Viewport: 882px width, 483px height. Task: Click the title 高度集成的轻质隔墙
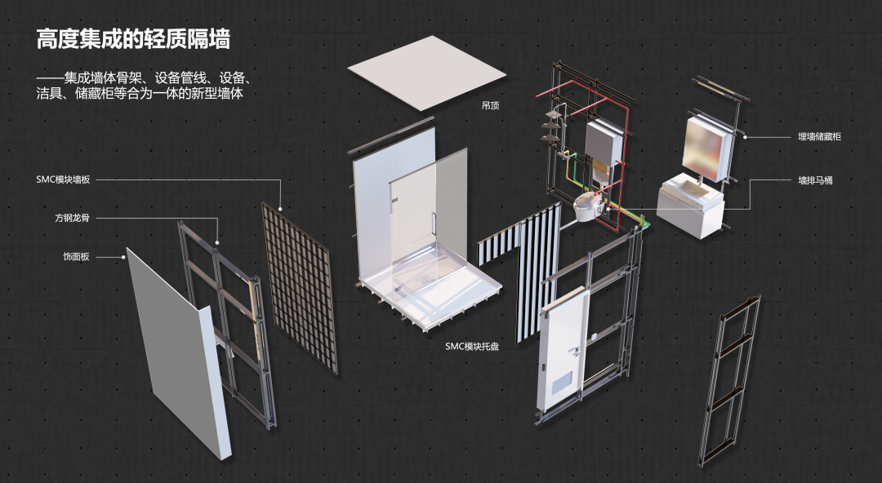[x=133, y=38]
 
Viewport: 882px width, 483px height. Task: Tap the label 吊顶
[x=491, y=105]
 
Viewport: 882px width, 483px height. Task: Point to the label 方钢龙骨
[x=73, y=219]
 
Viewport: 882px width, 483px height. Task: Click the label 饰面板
[x=76, y=257]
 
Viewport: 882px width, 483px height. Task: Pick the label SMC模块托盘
[x=472, y=346]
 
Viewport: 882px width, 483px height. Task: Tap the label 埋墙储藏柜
[x=819, y=137]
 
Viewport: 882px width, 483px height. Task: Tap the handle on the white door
[x=575, y=351]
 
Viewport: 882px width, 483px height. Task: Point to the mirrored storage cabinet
[x=706, y=147]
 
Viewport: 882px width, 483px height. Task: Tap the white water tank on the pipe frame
[x=604, y=148]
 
